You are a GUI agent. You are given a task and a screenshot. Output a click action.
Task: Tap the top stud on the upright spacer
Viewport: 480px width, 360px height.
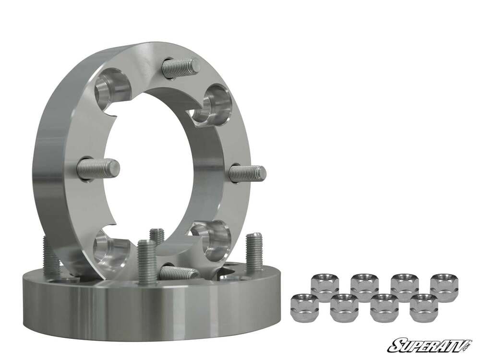[180, 67]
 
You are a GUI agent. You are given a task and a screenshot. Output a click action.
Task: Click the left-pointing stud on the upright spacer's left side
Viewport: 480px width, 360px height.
[98, 168]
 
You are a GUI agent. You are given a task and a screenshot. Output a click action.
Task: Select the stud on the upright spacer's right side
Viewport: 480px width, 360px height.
[247, 173]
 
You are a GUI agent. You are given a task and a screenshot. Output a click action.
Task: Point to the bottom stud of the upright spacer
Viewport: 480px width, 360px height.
[178, 272]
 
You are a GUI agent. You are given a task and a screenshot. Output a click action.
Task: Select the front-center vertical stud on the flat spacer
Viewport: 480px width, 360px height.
[147, 262]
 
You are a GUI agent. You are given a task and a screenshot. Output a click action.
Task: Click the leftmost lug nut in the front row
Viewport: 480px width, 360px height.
[305, 307]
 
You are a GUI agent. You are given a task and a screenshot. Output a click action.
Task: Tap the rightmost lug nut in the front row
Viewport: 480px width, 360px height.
[424, 308]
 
